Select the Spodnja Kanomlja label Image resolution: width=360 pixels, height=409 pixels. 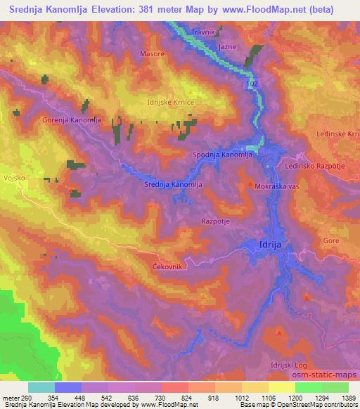click(x=222, y=154)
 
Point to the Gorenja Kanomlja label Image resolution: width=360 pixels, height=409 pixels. click(x=72, y=120)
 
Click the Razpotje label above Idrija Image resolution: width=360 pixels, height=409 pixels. click(x=215, y=220)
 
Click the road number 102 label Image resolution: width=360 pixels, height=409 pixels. click(x=253, y=83)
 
